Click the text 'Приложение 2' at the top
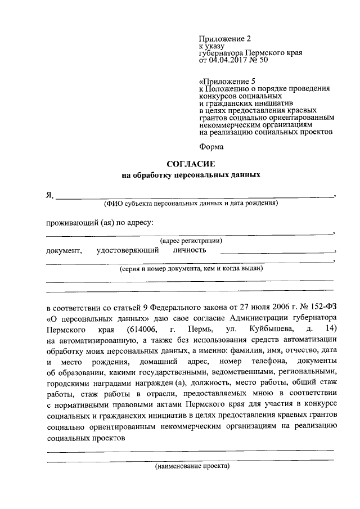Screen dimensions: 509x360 [x=223, y=39]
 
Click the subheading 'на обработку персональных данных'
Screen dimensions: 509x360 [x=191, y=175]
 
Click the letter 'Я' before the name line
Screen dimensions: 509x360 [x=49, y=196]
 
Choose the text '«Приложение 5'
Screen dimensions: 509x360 [x=227, y=81]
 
